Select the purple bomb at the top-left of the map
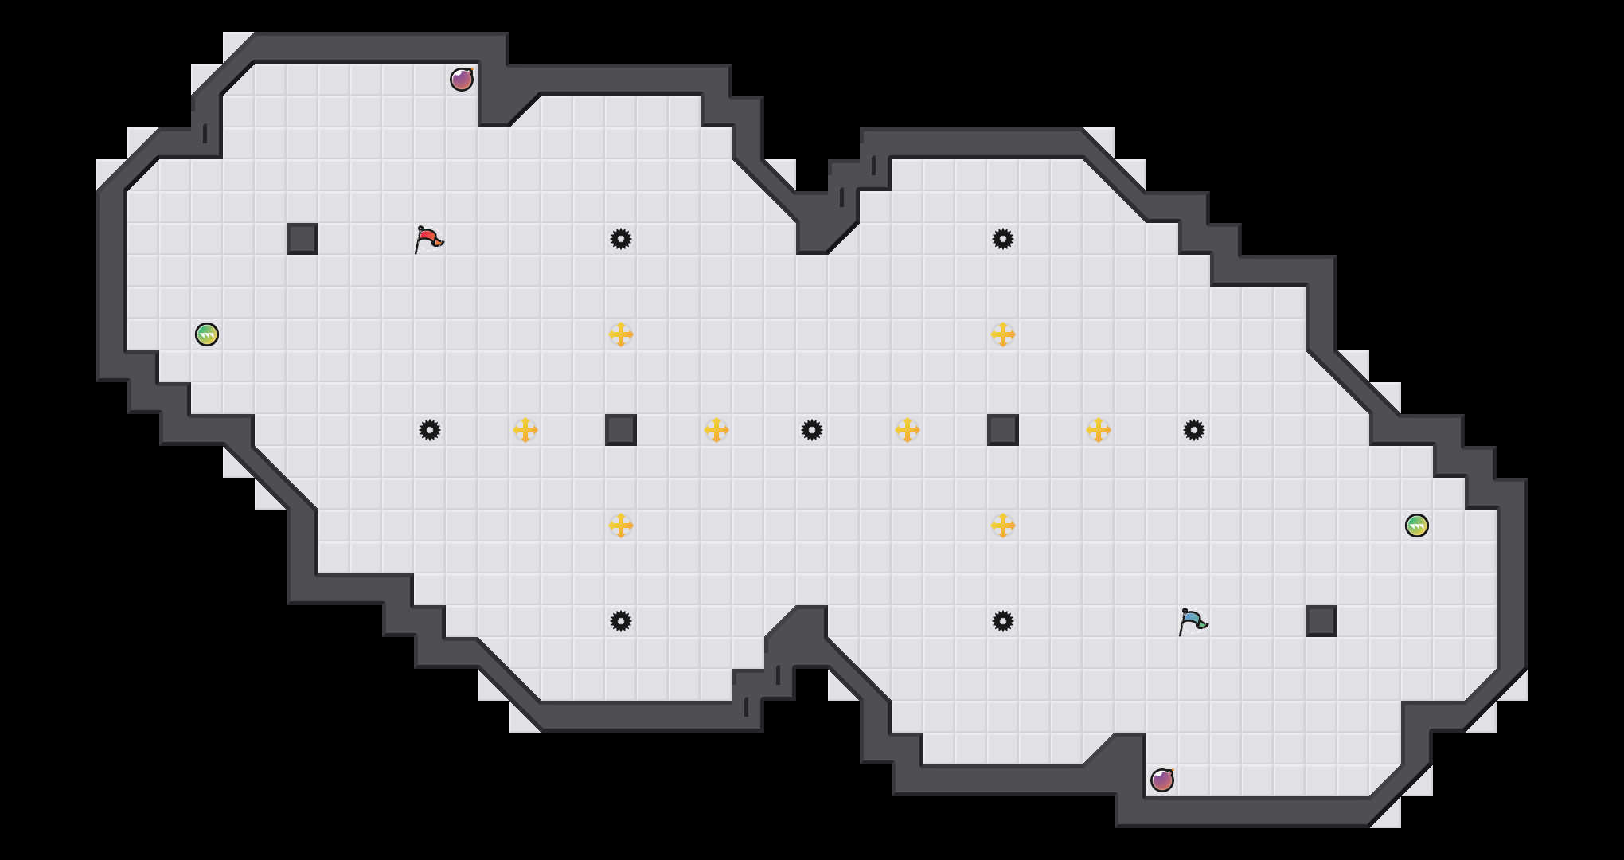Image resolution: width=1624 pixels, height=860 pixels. pyautogui.click(x=462, y=80)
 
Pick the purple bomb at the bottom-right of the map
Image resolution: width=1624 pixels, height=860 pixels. pyautogui.click(x=1162, y=780)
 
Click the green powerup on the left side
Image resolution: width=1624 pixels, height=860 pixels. pyautogui.click(x=207, y=334)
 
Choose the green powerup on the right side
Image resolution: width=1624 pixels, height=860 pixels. pyautogui.click(x=1417, y=526)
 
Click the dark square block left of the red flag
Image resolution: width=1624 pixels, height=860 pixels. pyautogui.click(x=303, y=239)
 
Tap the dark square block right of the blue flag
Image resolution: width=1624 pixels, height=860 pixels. pyautogui.click(x=1321, y=621)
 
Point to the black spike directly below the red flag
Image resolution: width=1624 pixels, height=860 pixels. pyautogui.click(x=430, y=430)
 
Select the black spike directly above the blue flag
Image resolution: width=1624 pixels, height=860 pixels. pyautogui.click(x=1194, y=430)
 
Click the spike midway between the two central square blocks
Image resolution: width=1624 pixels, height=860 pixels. pyautogui.click(x=812, y=430)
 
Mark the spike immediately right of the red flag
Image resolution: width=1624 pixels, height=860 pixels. pyautogui.click(x=621, y=239)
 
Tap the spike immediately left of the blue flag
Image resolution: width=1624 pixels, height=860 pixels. pyautogui.click(x=1003, y=621)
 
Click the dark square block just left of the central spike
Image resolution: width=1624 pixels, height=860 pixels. pyautogui.click(x=621, y=430)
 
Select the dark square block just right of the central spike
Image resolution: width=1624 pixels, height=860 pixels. pyautogui.click(x=1003, y=430)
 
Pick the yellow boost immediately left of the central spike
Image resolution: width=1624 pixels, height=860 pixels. pyautogui.click(x=716, y=430)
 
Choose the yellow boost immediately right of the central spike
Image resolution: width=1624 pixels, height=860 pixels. pyautogui.click(x=908, y=430)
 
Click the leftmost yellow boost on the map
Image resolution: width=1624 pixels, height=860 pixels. pyautogui.click(x=525, y=430)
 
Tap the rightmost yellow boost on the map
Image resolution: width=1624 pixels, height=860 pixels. pyautogui.click(x=1099, y=430)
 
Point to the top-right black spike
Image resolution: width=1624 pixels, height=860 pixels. pyautogui.click(x=1003, y=239)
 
